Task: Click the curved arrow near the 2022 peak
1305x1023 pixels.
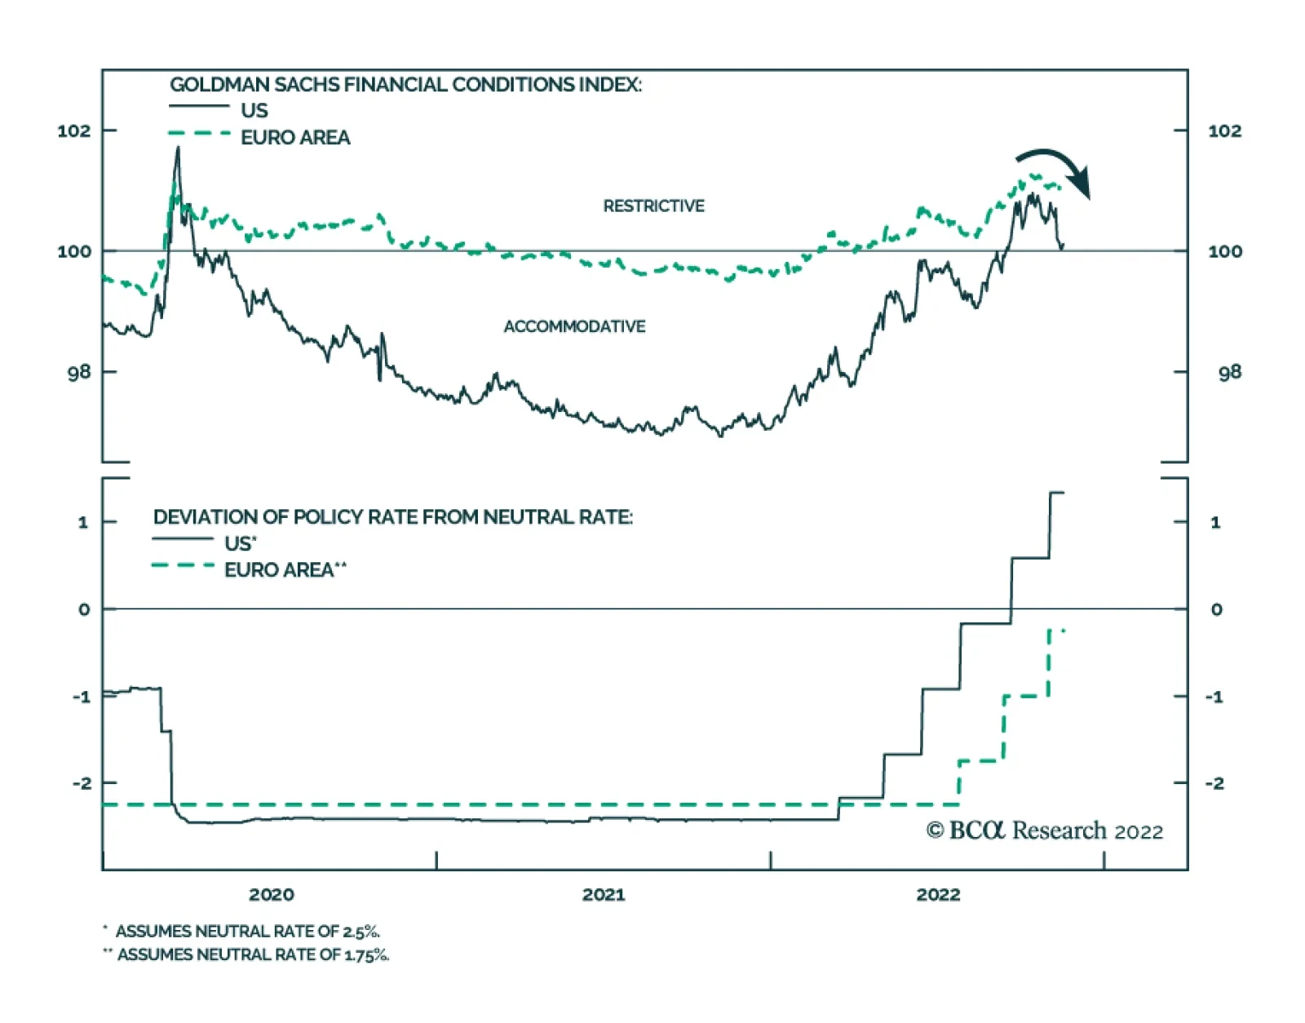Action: tap(1055, 168)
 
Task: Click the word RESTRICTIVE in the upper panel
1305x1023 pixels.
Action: tap(653, 206)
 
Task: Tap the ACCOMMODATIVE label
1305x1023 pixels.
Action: tap(574, 326)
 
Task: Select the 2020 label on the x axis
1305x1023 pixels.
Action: tap(272, 894)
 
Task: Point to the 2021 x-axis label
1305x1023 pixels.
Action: tap(604, 894)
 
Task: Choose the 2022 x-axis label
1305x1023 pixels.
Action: tap(938, 894)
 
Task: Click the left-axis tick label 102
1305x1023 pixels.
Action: tap(73, 131)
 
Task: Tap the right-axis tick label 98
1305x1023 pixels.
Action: tap(1229, 372)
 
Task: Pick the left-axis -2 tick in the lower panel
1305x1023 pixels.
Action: tap(82, 783)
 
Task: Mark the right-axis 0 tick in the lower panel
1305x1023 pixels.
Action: tap(1216, 609)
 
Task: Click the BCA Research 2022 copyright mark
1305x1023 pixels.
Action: tap(1044, 830)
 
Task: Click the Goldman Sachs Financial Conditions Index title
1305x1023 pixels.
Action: tap(405, 85)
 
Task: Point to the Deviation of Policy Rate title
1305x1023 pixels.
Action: tap(392, 517)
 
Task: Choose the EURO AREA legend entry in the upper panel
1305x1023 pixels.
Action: tap(294, 137)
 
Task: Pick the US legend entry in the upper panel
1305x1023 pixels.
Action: tap(254, 110)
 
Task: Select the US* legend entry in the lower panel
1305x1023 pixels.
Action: tap(240, 543)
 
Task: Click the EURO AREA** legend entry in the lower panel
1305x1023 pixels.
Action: tap(285, 569)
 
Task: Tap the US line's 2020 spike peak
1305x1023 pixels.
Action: tap(178, 148)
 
